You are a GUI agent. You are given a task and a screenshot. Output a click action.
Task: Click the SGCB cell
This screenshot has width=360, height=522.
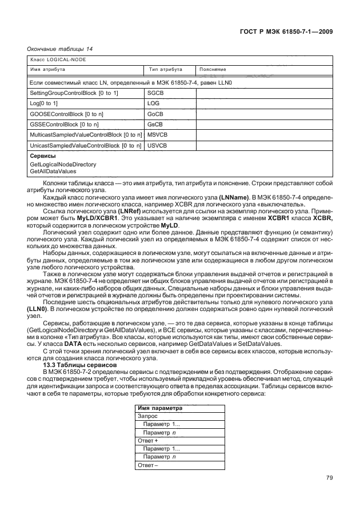click(x=155, y=93)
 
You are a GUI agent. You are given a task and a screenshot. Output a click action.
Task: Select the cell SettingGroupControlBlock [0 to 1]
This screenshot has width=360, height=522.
click(x=74, y=93)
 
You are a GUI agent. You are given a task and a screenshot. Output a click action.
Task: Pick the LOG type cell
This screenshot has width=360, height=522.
click(x=153, y=103)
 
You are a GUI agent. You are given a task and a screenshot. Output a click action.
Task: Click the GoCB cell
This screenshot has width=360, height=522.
click(x=155, y=114)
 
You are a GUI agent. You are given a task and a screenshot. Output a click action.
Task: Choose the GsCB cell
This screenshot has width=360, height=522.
click(x=155, y=124)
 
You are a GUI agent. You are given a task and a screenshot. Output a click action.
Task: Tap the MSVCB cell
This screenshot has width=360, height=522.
click(x=157, y=135)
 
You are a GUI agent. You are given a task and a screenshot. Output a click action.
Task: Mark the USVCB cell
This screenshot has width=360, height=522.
click(x=157, y=146)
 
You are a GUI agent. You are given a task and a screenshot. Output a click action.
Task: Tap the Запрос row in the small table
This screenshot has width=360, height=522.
click(x=148, y=417)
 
